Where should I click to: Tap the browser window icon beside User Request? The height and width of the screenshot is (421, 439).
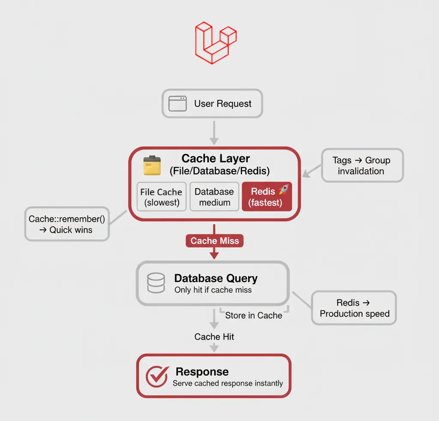pyautogui.click(x=177, y=104)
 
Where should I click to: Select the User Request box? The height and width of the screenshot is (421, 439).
pyautogui.click(x=212, y=104)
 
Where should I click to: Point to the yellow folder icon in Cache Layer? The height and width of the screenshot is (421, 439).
pyautogui.click(x=152, y=165)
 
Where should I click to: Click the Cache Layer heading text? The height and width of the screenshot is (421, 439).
pyautogui.click(x=216, y=158)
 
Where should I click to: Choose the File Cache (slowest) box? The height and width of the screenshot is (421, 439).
pyautogui.click(x=161, y=197)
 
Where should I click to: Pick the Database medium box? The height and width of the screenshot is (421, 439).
pyautogui.click(x=214, y=197)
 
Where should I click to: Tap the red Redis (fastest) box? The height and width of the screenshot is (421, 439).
pyautogui.click(x=267, y=197)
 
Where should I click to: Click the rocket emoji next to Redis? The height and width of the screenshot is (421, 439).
pyautogui.click(x=284, y=190)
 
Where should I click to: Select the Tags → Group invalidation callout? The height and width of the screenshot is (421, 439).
pyautogui.click(x=361, y=165)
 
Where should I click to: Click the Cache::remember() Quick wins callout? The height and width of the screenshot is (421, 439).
pyautogui.click(x=66, y=224)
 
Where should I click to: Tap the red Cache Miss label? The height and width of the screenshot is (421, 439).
pyautogui.click(x=214, y=241)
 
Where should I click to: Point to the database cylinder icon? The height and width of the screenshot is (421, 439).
pyautogui.click(x=156, y=283)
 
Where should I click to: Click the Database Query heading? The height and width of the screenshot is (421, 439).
pyautogui.click(x=216, y=278)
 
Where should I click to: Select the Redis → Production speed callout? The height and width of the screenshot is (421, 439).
pyautogui.click(x=354, y=308)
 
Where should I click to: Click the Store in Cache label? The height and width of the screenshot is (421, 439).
pyautogui.click(x=253, y=316)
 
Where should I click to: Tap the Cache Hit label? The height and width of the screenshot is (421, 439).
pyautogui.click(x=214, y=337)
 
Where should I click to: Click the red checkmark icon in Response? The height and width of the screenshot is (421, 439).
pyautogui.click(x=156, y=376)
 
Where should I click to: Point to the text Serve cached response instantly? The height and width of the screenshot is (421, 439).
pyautogui.click(x=228, y=383)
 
